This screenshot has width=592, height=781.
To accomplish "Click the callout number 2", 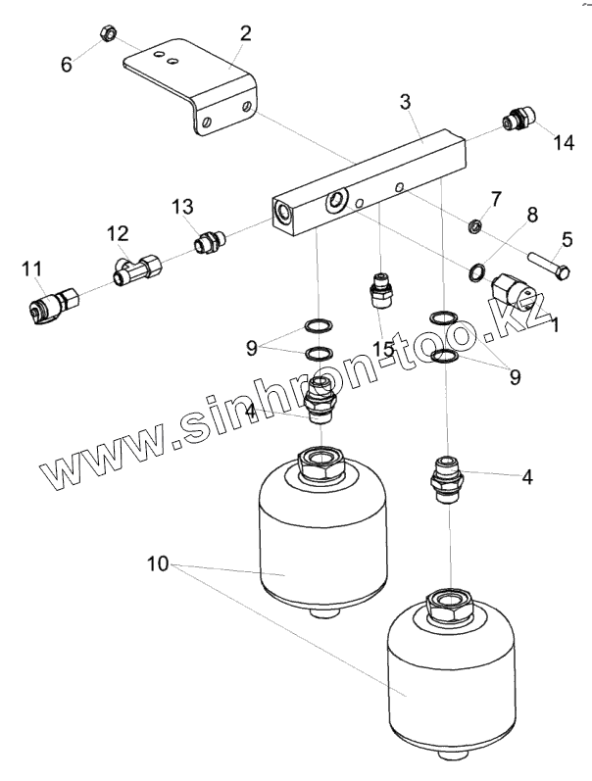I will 245,33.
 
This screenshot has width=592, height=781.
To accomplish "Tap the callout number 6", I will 67,65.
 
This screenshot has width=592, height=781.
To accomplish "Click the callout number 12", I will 118,233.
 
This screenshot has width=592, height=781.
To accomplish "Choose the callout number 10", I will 159,565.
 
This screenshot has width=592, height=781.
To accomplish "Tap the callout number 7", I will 496,199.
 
